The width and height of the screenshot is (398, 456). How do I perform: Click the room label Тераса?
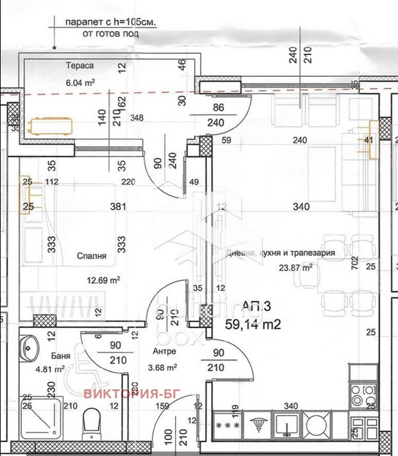(80, 67)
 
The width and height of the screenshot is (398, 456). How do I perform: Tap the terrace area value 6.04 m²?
(80, 82)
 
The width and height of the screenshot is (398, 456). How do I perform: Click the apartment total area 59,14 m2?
(253, 325)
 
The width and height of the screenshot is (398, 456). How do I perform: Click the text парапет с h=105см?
(111, 22)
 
